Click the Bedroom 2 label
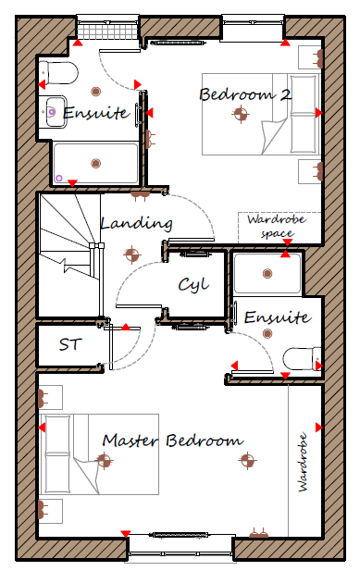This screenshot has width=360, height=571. [245, 94]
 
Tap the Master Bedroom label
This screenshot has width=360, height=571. [173, 441]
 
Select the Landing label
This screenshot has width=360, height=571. [136, 223]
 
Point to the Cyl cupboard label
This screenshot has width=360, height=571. [193, 285]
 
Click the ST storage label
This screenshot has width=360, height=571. [70, 344]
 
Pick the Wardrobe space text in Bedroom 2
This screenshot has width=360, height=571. [277, 226]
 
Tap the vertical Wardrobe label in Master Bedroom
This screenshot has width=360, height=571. [303, 462]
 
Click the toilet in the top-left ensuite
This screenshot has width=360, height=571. [58, 72]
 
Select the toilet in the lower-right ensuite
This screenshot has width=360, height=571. [302, 359]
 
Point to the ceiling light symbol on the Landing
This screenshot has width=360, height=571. [131, 254]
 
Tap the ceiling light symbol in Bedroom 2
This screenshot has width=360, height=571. [241, 114]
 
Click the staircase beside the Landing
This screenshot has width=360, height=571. [70, 254]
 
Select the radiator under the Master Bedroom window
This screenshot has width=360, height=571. [180, 535]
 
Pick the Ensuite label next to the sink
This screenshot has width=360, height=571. [96, 113]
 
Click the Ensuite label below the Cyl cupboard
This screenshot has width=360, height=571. [278, 317]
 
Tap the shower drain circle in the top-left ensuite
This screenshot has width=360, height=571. [58, 178]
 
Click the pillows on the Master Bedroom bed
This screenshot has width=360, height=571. [57, 453]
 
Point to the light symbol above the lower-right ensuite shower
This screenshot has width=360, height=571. [267, 273]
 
